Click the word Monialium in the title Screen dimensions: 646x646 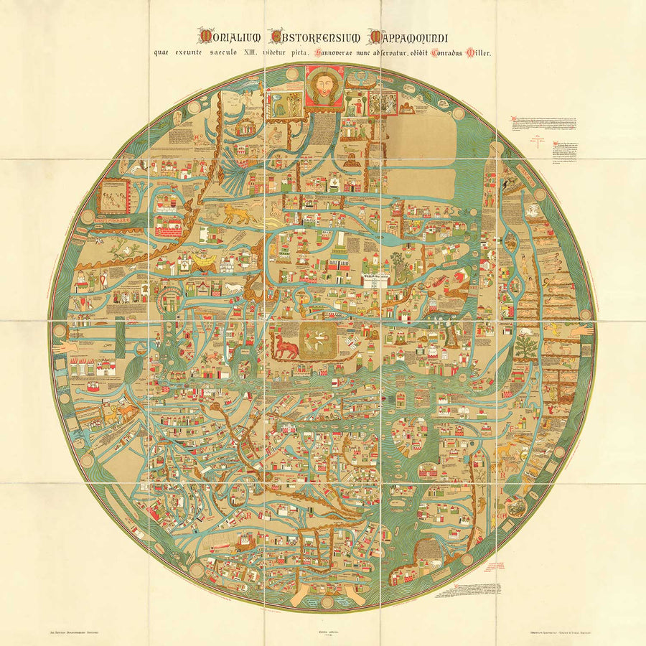click(228, 37)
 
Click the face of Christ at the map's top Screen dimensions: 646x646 click(324, 87)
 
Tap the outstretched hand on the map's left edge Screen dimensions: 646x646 click(72, 347)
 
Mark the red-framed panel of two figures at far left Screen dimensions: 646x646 click(113, 196)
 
